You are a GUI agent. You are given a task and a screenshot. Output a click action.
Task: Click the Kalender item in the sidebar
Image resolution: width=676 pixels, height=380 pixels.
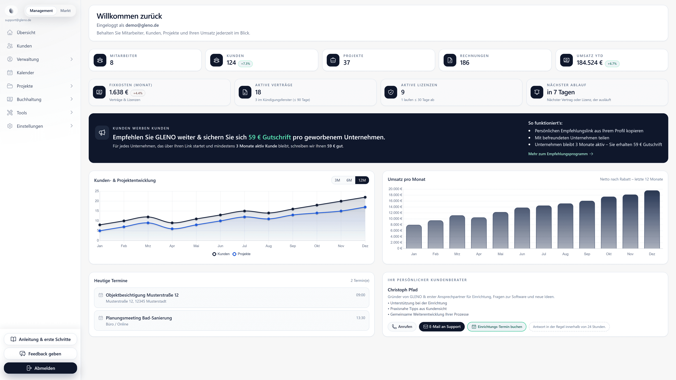click(25, 73)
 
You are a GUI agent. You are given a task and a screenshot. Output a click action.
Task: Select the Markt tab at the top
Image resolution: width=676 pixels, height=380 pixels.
click(65, 11)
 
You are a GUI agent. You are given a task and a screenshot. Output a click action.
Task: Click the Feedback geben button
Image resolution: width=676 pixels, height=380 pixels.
click(40, 354)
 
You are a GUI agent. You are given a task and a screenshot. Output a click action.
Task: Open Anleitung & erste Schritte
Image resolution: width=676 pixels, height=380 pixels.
click(40, 339)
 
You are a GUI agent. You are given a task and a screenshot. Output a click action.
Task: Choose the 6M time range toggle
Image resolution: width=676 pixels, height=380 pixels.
click(349, 180)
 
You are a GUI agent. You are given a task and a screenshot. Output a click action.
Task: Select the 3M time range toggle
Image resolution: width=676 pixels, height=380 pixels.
click(337, 180)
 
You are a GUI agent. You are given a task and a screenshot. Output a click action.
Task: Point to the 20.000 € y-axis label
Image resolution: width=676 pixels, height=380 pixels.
click(395, 189)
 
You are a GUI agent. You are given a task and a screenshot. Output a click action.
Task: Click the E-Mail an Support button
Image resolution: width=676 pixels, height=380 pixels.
click(442, 327)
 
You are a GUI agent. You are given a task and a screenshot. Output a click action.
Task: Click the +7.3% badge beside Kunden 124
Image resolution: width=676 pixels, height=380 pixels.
click(245, 64)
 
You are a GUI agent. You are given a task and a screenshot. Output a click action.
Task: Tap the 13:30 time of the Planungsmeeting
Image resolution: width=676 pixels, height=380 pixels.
click(360, 318)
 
